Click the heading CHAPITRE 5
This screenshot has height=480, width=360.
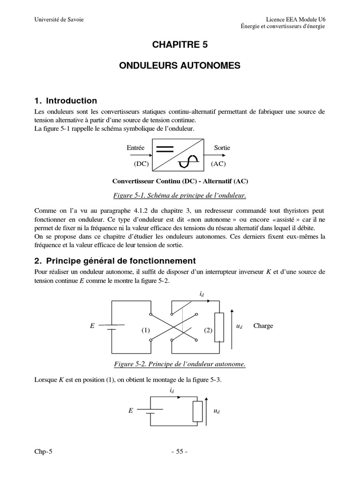[x=180, y=45]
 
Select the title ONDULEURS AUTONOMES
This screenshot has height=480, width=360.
[x=180, y=67]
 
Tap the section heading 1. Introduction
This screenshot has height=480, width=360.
[x=66, y=101]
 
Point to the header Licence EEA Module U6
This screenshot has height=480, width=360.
[x=295, y=19]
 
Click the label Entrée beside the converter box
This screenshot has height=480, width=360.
[x=135, y=148]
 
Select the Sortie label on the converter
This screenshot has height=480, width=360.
[x=222, y=148]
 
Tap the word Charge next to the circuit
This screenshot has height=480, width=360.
[x=263, y=326]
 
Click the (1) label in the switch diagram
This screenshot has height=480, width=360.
[x=145, y=330]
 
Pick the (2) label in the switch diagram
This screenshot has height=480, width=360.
[x=208, y=330]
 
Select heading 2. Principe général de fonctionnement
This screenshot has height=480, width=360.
[x=115, y=261]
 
